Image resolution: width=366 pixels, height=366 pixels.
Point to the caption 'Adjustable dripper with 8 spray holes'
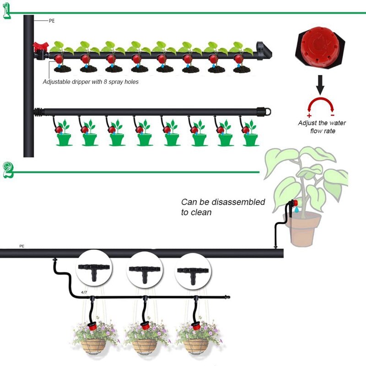90,82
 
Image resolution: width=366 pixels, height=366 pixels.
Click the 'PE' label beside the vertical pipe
52,21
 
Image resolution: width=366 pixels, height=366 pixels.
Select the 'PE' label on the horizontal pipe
22,246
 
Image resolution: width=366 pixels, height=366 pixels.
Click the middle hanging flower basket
144,341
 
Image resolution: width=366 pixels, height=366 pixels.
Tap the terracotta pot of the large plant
303,231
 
